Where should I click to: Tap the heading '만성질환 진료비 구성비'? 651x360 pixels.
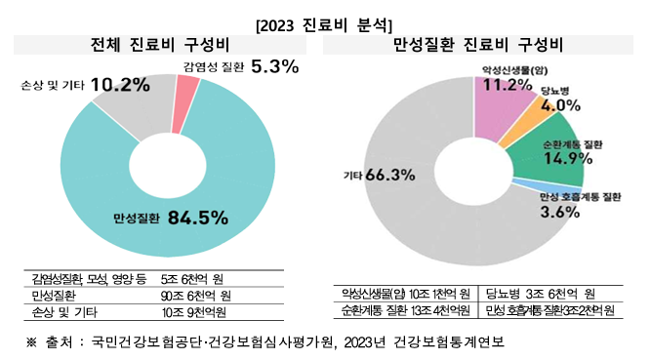477,46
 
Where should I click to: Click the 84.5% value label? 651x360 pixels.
197,217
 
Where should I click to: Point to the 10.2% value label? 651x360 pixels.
120,85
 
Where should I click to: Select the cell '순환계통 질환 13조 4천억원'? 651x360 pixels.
402,310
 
